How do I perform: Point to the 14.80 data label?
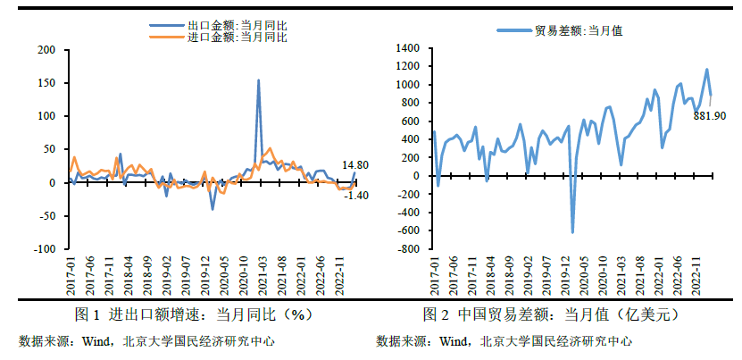coord(356,164)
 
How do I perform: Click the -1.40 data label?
coord(356,195)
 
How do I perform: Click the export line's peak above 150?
coord(259,80)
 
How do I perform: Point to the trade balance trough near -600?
coord(572,232)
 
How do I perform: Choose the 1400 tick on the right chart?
coord(405,47)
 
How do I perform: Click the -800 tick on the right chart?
coord(407,250)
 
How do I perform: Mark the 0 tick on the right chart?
coord(415,176)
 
